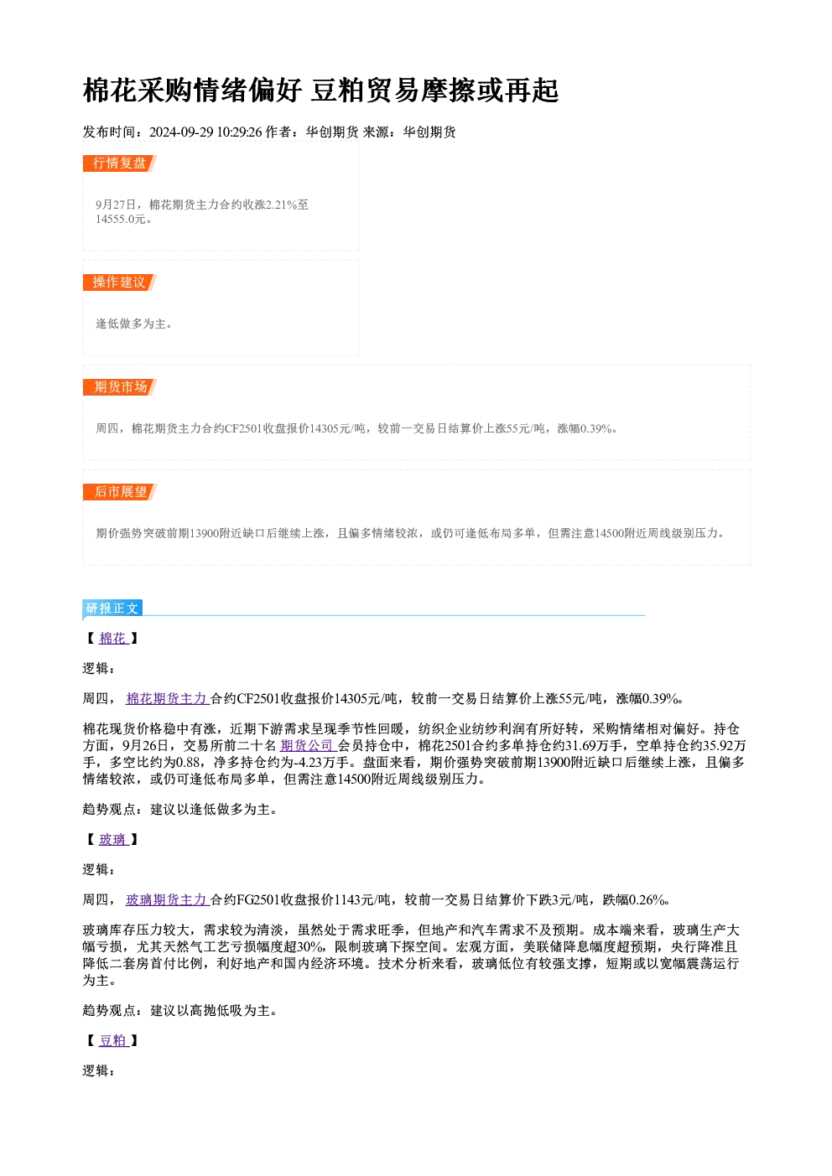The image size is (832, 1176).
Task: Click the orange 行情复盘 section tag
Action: click(x=120, y=163)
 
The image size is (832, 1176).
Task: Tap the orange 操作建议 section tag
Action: click(x=120, y=282)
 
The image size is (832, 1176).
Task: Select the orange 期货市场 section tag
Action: click(x=120, y=387)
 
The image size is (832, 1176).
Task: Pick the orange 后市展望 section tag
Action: click(x=120, y=492)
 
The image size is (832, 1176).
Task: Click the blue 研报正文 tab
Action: click(x=112, y=608)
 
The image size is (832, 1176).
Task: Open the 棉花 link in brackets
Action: click(x=113, y=639)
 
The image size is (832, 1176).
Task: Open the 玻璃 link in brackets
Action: click(x=113, y=840)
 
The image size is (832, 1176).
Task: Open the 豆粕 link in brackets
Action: click(x=113, y=1040)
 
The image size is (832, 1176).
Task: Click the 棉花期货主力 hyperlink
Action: click(x=168, y=699)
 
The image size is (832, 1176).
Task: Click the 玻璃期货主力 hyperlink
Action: click(x=168, y=900)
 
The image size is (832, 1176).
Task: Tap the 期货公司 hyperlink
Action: click(x=308, y=745)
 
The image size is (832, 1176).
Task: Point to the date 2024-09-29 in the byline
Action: click(x=181, y=132)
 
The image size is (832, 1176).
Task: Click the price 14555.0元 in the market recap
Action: click(x=120, y=220)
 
